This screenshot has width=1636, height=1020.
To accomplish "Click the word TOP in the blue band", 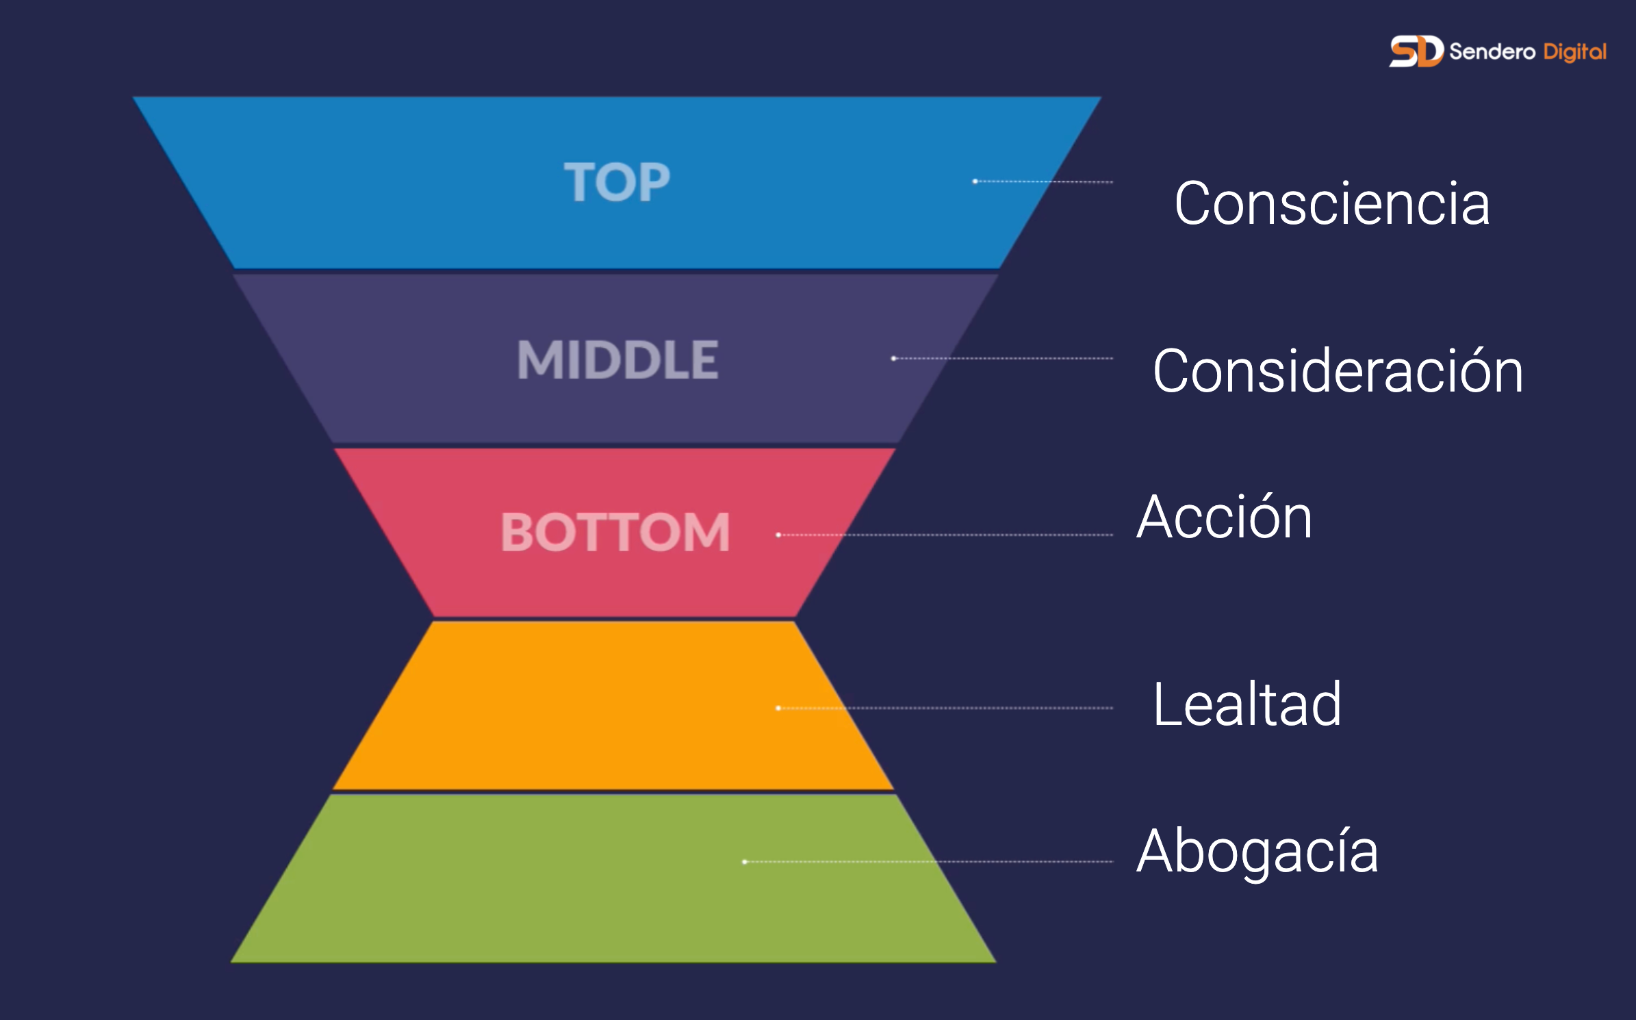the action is [617, 182].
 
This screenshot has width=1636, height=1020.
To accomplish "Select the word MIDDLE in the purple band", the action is [617, 359].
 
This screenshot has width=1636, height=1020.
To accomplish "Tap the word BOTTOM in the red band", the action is [615, 532].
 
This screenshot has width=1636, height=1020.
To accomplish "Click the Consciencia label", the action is [1332, 203].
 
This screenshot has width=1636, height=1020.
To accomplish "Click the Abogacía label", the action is [1257, 851].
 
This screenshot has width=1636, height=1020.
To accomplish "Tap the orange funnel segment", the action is [613, 705].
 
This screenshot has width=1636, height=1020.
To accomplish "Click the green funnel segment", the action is [613, 878].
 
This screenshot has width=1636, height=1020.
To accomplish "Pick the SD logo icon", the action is [1416, 51].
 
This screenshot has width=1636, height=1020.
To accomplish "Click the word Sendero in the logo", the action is [1492, 51].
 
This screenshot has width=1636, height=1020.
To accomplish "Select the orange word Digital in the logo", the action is [1575, 52].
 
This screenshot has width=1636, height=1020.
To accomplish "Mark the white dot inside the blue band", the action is [975, 181].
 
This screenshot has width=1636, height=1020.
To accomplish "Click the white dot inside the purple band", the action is [893, 359].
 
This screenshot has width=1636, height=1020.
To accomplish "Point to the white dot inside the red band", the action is [778, 535].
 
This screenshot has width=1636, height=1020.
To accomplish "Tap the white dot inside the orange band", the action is [778, 708].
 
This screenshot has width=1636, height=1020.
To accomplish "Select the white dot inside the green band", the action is [745, 862].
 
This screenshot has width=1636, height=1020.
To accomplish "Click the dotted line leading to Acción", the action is [946, 535].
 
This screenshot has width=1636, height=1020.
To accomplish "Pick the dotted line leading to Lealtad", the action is [946, 708].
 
